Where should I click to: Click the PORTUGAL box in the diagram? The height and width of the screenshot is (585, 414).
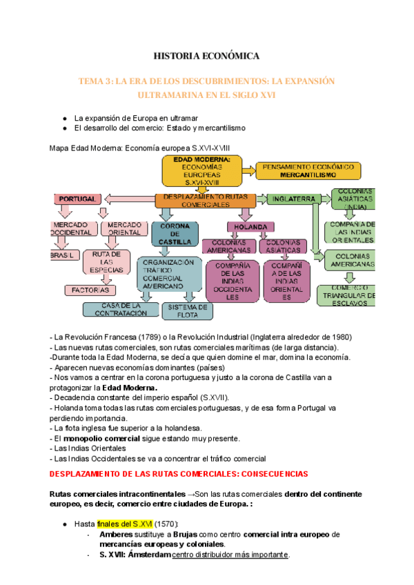pyautogui.click(x=77, y=199)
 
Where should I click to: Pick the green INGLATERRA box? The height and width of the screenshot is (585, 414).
pyautogui.click(x=294, y=199)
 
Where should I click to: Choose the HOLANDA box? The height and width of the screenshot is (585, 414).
pyautogui.click(x=246, y=226)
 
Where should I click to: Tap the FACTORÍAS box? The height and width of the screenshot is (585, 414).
pyautogui.click(x=95, y=290)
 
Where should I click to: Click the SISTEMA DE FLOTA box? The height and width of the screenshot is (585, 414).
pyautogui.click(x=188, y=311)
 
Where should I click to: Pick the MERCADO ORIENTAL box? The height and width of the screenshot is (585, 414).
pyautogui.click(x=125, y=229)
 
